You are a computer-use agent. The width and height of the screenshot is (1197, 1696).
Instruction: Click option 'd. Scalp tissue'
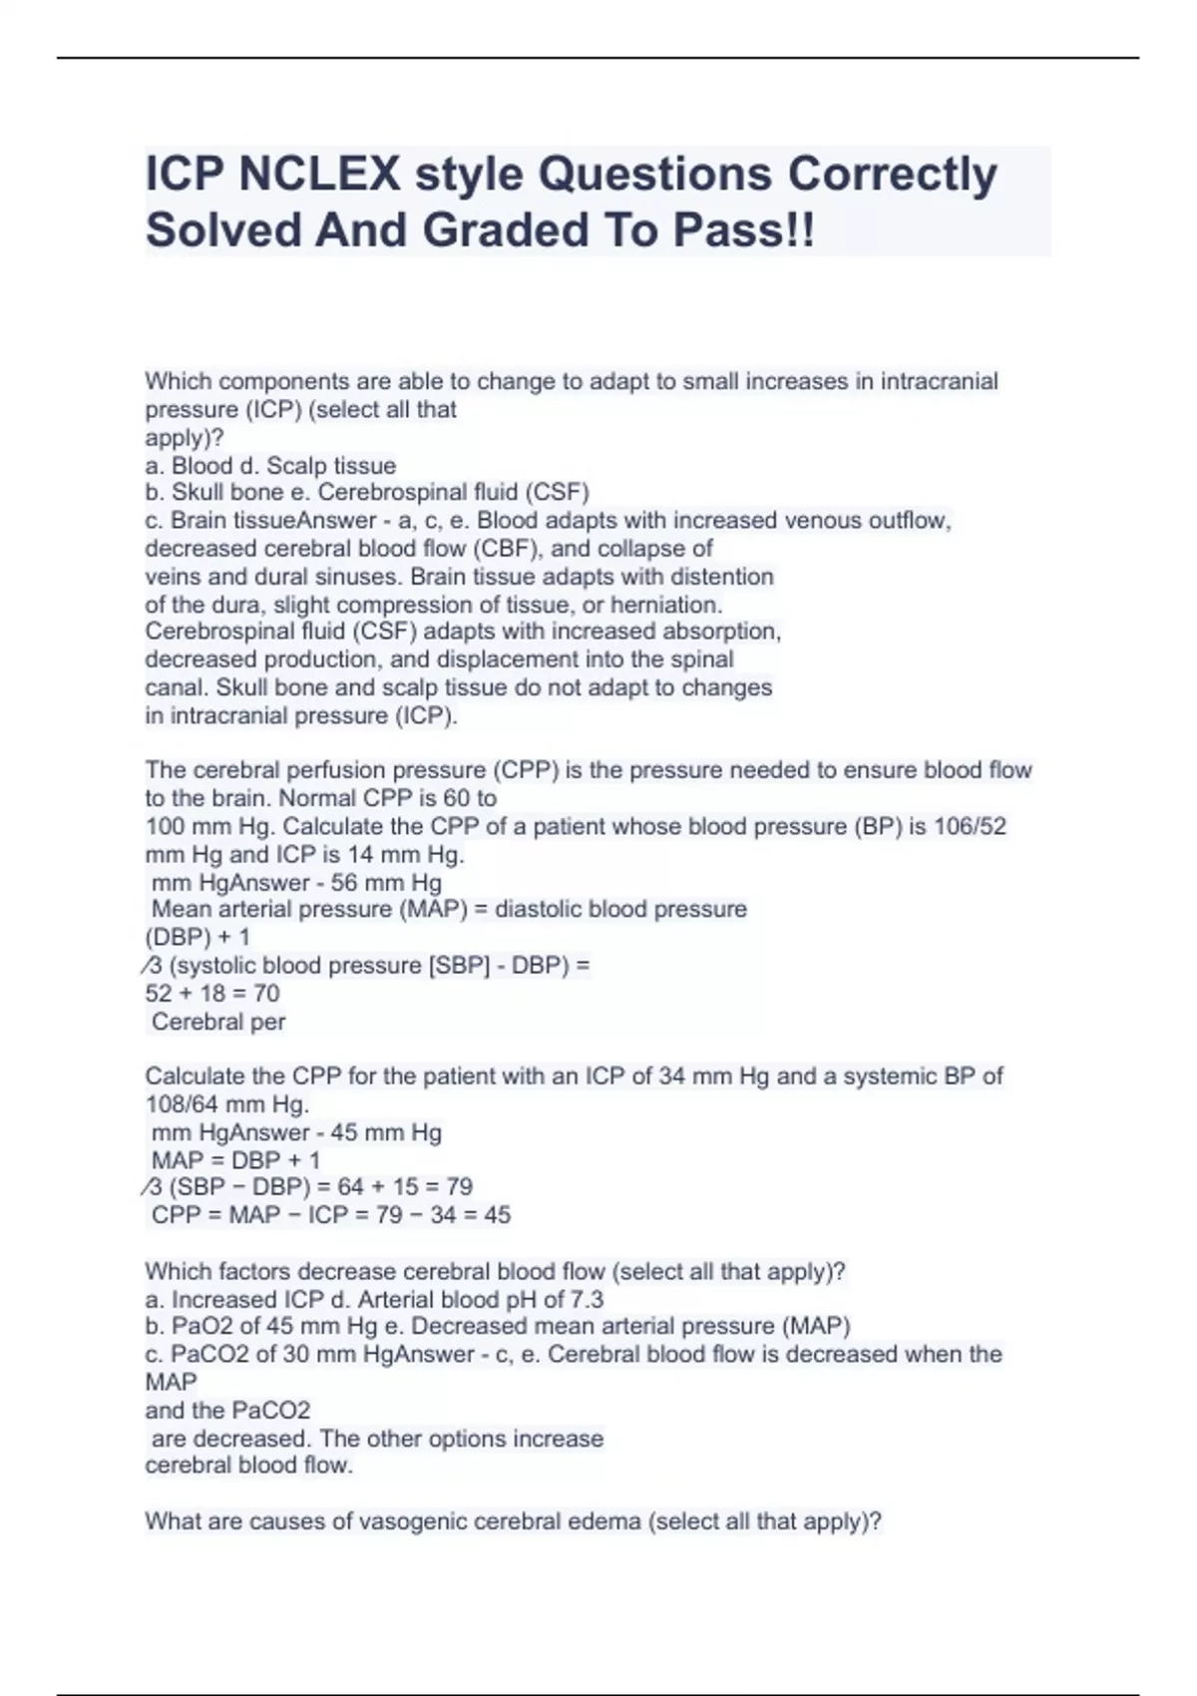317,466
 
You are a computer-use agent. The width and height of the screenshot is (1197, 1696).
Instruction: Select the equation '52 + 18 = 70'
212,994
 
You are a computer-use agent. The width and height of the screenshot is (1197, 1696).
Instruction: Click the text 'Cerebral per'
218,1022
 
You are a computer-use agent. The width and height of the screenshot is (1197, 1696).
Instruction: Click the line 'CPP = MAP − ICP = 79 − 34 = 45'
330,1215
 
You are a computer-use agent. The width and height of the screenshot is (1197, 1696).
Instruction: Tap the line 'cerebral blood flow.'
249,1466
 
